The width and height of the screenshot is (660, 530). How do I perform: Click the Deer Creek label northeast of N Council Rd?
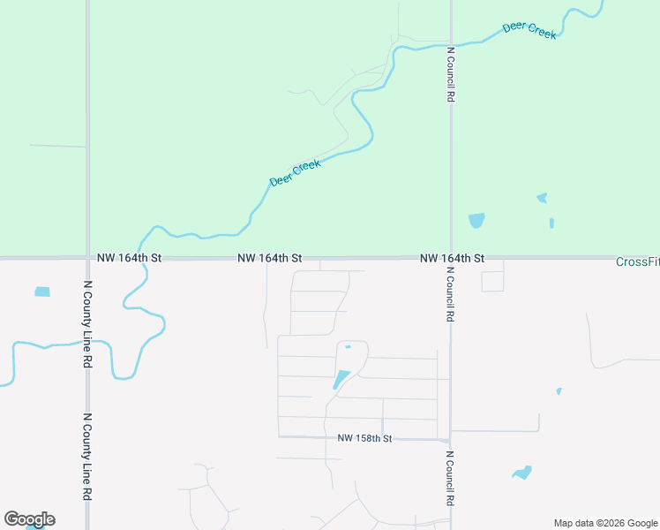[x=529, y=29]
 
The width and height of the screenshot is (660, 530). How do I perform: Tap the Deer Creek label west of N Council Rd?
[x=295, y=171]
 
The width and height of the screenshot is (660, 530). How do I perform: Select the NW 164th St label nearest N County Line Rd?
[x=130, y=258]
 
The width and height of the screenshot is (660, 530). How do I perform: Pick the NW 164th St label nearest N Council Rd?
[x=452, y=258]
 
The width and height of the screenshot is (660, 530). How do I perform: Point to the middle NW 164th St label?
[x=270, y=258]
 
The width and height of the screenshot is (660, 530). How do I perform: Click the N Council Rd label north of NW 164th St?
[x=450, y=75]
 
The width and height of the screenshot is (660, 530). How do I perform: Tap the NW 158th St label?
[x=364, y=438]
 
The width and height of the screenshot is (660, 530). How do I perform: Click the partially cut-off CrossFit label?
[x=637, y=261]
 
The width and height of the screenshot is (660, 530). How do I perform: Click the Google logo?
[x=29, y=519]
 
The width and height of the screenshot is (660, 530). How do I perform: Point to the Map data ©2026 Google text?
[x=606, y=523]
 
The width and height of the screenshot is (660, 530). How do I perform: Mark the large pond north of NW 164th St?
[x=476, y=220]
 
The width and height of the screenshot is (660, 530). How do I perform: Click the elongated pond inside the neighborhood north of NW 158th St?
[x=341, y=380]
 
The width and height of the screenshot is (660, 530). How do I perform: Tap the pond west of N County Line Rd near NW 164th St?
[x=42, y=291]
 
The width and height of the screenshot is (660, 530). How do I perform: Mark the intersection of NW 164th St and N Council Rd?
[x=451, y=258]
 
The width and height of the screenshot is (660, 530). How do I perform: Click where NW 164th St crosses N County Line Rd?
[x=87, y=258]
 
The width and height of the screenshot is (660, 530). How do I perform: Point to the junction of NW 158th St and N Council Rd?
[x=450, y=439]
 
